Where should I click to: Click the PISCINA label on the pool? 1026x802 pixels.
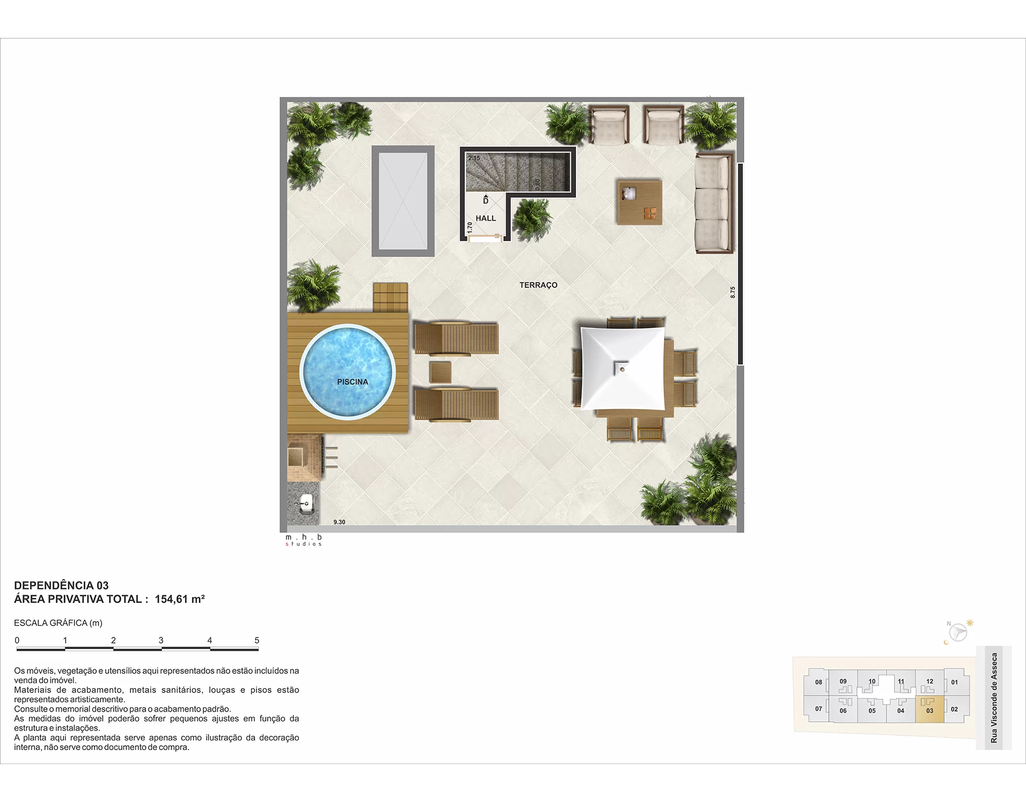pos(353,382)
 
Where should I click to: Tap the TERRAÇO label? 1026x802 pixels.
pos(538,285)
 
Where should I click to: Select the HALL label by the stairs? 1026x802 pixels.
pos(486,218)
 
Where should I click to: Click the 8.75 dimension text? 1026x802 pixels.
pos(733,292)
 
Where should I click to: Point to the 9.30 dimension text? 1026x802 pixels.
pos(339,522)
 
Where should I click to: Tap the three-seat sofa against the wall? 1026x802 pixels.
pos(713,203)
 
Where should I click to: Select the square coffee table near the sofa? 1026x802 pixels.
pos(640,202)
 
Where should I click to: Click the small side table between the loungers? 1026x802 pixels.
pos(440,372)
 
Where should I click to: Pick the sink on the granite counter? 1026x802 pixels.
pos(306,504)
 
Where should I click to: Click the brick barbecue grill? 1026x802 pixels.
pos(305,458)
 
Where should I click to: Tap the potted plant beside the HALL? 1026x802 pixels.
pos(532,219)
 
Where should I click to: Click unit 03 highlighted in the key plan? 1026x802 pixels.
pos(930,710)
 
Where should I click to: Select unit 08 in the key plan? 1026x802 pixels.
pos(818,682)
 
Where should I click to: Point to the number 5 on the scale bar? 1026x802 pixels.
pos(257,640)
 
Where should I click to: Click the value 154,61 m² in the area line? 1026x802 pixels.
pos(180,599)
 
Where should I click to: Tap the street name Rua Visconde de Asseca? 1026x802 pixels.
pos(994,698)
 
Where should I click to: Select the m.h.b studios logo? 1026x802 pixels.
pos(304,540)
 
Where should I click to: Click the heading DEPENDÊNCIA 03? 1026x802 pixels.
pos(61,585)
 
